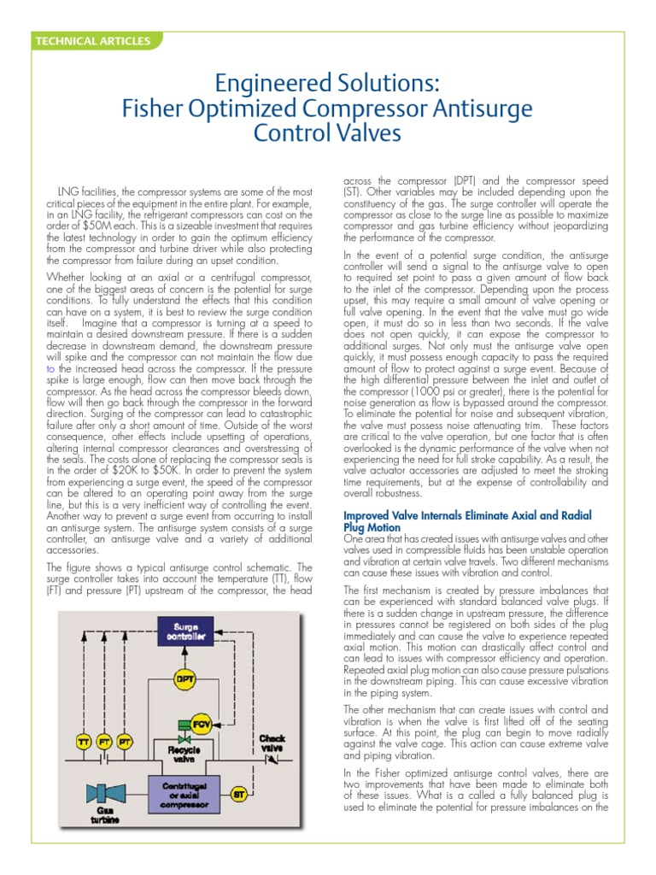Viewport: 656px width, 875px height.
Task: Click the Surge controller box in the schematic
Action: (x=184, y=631)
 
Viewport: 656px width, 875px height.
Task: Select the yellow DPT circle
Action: (x=184, y=679)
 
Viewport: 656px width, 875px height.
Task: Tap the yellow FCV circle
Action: (x=202, y=725)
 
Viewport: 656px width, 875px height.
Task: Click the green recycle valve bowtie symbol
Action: (x=184, y=740)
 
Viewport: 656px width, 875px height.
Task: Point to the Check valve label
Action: (x=272, y=742)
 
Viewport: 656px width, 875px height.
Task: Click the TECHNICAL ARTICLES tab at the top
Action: (x=92, y=40)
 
